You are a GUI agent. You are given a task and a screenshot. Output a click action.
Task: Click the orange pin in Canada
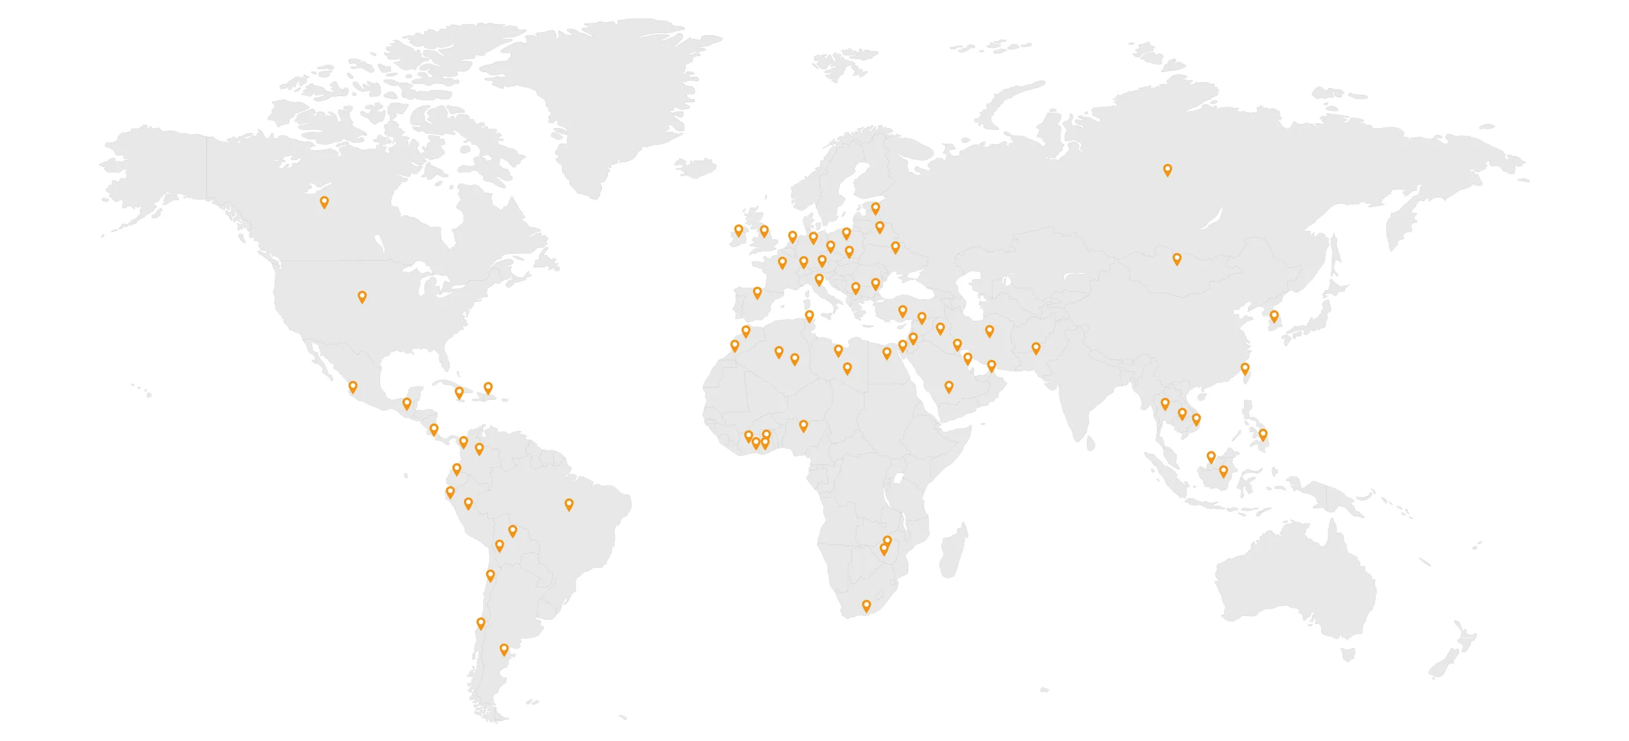(x=324, y=201)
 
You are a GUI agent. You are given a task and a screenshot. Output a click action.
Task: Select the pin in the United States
(x=362, y=296)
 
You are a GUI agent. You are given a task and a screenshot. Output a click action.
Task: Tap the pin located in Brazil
(x=569, y=504)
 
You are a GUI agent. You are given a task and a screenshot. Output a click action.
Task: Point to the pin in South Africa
(x=866, y=605)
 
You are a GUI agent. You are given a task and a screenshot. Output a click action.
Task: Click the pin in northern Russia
(x=1168, y=169)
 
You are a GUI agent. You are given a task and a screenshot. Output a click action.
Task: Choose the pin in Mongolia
(x=1177, y=259)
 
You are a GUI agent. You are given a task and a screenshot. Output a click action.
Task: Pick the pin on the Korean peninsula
(x=1274, y=316)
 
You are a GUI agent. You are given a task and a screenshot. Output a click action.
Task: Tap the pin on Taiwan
(x=1245, y=368)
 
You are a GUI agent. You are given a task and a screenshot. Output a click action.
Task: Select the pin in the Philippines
(x=1263, y=434)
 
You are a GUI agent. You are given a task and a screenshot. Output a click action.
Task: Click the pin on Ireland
(x=739, y=230)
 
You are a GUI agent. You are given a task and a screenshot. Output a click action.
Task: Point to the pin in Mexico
(x=353, y=386)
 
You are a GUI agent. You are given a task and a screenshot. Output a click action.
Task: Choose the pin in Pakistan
(x=1036, y=348)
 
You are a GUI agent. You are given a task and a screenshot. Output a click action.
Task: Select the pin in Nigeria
(x=803, y=426)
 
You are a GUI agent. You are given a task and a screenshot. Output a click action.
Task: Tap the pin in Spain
(x=757, y=292)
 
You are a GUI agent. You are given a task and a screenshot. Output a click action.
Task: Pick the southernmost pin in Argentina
(x=504, y=649)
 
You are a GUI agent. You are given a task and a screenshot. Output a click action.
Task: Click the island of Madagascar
(x=953, y=553)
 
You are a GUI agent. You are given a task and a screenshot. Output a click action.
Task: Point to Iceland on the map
(x=695, y=168)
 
